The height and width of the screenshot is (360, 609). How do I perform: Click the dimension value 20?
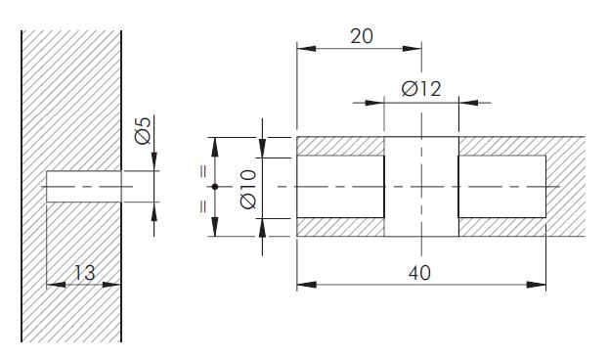tap(362, 36)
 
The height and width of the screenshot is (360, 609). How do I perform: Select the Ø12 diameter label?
tap(421, 89)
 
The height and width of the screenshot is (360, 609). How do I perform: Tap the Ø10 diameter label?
tap(248, 189)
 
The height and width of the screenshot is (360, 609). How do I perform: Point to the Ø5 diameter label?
tap(143, 131)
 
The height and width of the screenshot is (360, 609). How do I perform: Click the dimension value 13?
tap(84, 273)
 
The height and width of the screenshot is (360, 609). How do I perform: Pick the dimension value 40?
tap(419, 273)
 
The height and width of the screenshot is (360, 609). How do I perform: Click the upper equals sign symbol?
tap(203, 171)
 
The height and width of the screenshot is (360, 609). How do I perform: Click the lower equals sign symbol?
tap(203, 206)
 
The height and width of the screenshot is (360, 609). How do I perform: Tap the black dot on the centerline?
tap(215, 187)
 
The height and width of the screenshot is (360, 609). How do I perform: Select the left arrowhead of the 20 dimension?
tap(306, 49)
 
